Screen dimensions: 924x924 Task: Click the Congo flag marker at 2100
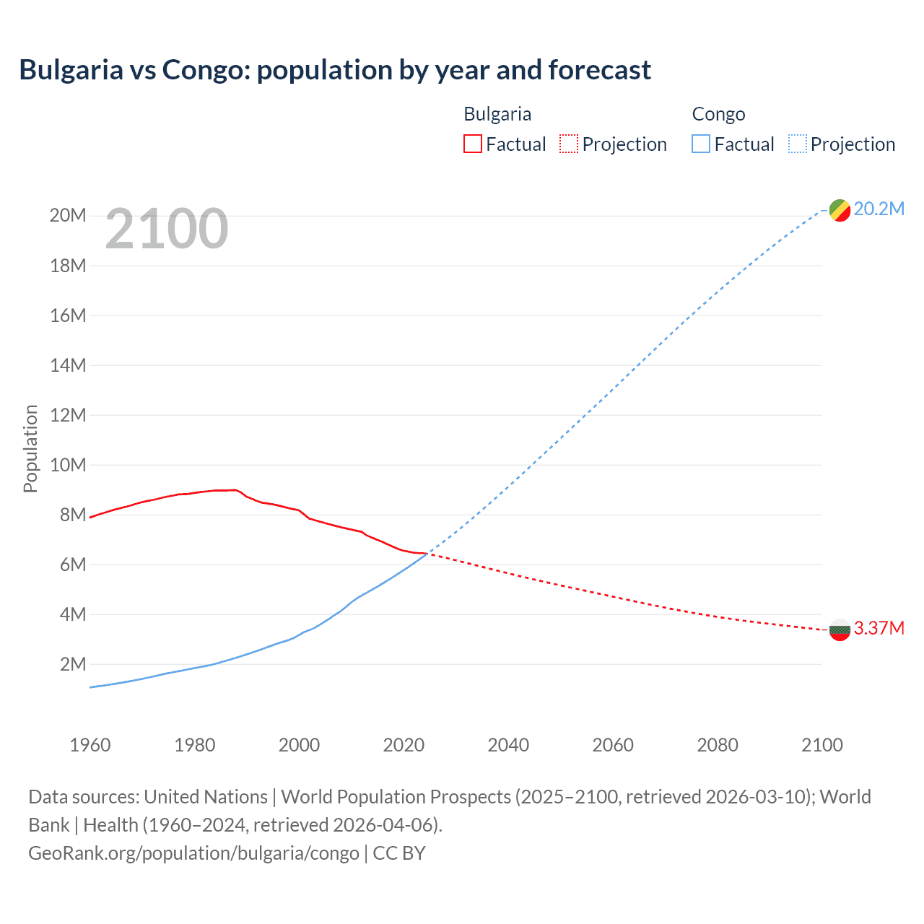pos(840,210)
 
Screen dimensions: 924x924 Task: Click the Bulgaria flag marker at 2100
pos(840,630)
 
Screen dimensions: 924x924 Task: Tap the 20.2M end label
pos(879,209)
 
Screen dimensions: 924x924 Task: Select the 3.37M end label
pos(879,629)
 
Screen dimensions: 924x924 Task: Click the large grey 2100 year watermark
pos(167,230)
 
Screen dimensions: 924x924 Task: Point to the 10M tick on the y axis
pos(68,465)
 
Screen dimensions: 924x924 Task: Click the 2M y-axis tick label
pos(73,664)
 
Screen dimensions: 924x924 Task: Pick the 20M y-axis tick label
pos(68,216)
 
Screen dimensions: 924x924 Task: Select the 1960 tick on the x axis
pos(90,745)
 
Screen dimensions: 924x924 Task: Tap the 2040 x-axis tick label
pos(508,745)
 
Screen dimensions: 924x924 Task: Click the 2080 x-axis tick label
pos(718,745)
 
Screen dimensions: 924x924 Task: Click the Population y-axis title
pos(30,448)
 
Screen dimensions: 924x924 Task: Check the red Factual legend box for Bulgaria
pos(472,144)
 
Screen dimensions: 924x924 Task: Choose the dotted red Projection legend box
pos(569,144)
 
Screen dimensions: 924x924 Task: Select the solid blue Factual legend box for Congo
pos(700,144)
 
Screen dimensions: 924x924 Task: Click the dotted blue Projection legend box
pos(798,144)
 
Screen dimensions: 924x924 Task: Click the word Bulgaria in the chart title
pos(71,70)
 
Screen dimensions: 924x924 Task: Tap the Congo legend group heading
pos(718,114)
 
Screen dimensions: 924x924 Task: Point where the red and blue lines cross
pos(429,554)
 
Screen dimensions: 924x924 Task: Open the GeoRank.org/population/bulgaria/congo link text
pos(193,853)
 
